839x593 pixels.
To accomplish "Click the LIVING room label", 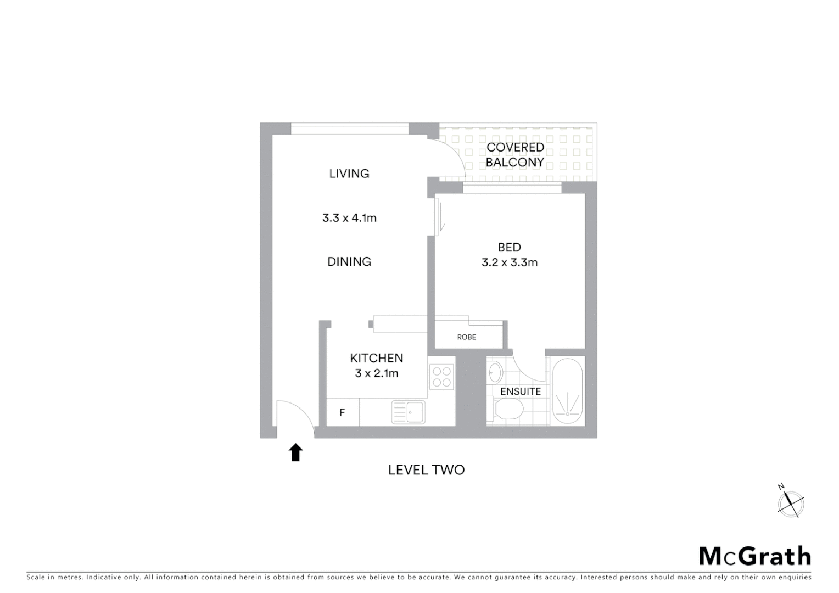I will click(349, 174).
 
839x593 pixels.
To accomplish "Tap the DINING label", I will click(349, 261).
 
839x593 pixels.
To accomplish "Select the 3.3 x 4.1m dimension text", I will click(349, 218).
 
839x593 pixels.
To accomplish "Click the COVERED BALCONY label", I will click(515, 155).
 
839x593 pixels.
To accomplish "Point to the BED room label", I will click(510, 248).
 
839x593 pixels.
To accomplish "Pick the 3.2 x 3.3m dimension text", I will click(510, 262).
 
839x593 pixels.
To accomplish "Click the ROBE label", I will click(467, 337).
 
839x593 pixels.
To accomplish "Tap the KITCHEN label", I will click(377, 358).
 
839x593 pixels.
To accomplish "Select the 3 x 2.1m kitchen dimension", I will click(377, 373).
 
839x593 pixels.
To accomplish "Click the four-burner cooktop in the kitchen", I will click(442, 377).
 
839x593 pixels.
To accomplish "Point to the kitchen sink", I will click(408, 412).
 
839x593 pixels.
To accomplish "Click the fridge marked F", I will click(342, 412).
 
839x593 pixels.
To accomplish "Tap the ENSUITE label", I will click(521, 391).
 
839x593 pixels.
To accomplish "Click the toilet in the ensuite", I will click(508, 409).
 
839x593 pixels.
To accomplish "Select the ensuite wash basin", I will click(495, 372).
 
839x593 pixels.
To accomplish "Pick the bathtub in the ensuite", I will click(567, 391).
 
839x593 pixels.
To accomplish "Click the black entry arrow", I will click(296, 452).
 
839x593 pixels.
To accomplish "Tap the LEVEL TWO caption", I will click(426, 470).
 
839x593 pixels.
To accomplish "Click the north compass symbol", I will click(791, 503).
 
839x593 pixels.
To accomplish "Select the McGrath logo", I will click(755, 556).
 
